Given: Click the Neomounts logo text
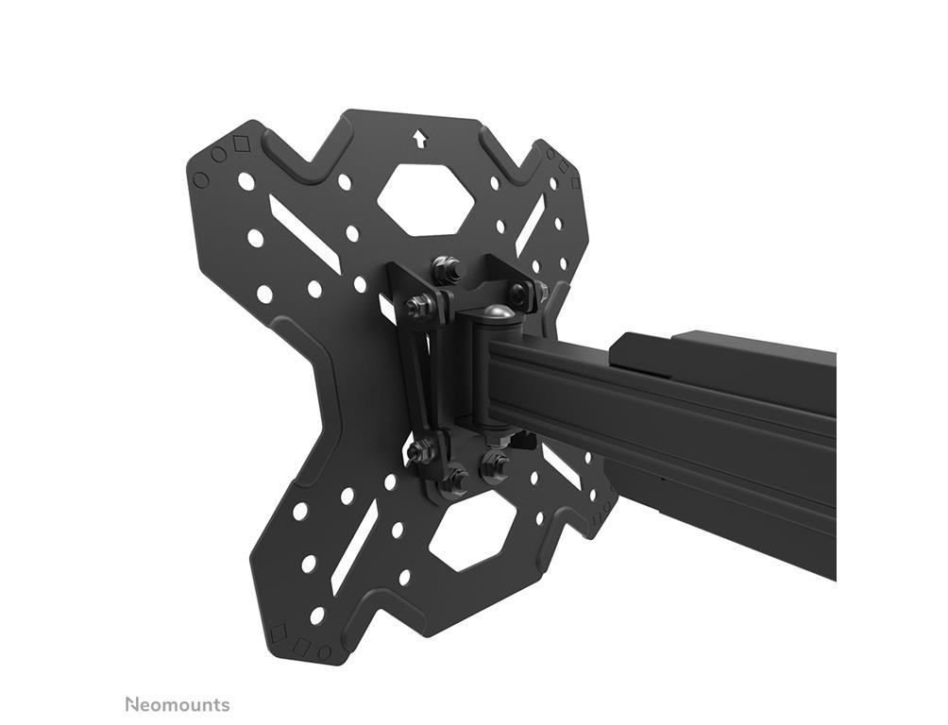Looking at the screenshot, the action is [x=178, y=704].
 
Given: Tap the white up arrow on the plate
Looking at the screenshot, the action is [x=418, y=139].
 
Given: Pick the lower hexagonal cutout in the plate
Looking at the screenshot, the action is [x=470, y=534].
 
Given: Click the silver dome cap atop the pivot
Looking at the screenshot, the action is [x=501, y=314].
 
